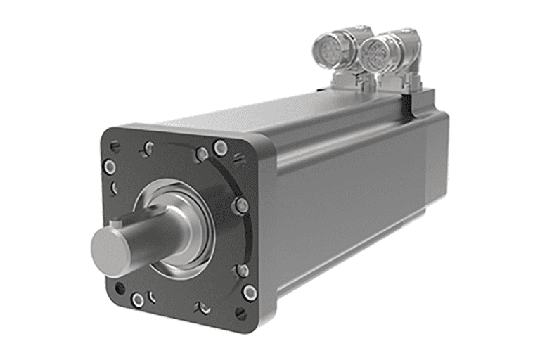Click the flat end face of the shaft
point(108,244)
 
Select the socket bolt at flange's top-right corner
point(221,147)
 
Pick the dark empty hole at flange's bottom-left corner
point(120,288)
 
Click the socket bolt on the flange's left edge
point(110,167)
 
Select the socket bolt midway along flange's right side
point(241,205)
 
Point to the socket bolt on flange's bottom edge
point(139,301)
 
